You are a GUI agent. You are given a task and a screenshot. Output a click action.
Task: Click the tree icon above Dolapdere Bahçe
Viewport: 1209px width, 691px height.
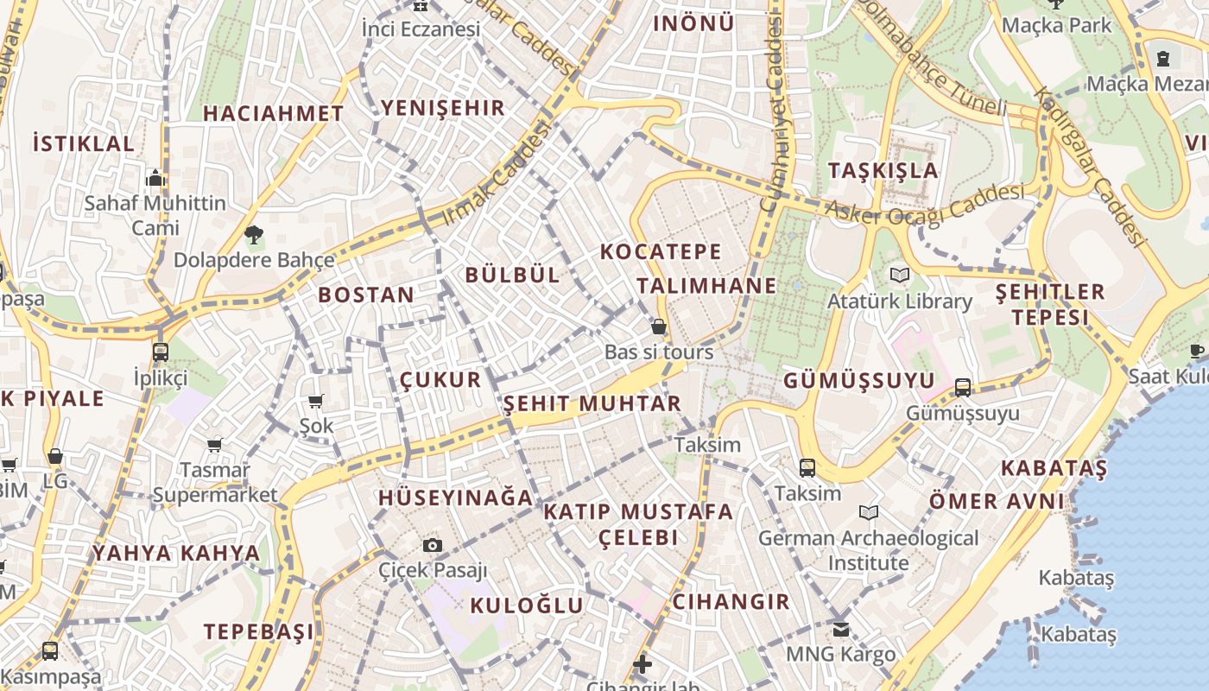pyautogui.click(x=253, y=233)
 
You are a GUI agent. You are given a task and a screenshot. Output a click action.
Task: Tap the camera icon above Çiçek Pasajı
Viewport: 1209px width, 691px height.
pyautogui.click(x=433, y=545)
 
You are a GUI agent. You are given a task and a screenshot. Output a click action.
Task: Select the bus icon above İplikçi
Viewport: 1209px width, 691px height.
pyautogui.click(x=161, y=352)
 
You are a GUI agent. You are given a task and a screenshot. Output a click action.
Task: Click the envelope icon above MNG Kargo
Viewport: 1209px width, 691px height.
pyautogui.click(x=841, y=629)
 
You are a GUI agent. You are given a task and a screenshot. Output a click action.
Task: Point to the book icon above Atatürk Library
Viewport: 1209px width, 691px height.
pyautogui.click(x=900, y=276)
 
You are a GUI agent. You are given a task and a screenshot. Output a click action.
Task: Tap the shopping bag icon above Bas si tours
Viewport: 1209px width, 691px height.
pyautogui.click(x=659, y=326)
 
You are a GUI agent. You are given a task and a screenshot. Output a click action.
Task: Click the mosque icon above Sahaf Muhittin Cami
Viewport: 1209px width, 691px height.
pyautogui.click(x=155, y=178)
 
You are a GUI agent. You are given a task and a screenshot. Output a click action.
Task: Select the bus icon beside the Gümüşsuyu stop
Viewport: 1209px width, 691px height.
pyautogui.click(x=963, y=387)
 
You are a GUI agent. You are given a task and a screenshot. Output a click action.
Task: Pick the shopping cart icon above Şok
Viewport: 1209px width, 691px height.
pyautogui.click(x=315, y=401)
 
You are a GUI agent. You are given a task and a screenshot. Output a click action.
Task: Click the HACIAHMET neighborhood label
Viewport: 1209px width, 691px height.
pyautogui.click(x=273, y=113)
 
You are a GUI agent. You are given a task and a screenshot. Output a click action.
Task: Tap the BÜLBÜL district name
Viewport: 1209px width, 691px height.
pyautogui.click(x=512, y=276)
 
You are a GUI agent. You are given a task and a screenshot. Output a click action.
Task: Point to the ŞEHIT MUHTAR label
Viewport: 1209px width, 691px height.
pyautogui.click(x=592, y=403)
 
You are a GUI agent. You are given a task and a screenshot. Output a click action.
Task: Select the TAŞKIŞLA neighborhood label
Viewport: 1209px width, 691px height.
pyautogui.click(x=883, y=170)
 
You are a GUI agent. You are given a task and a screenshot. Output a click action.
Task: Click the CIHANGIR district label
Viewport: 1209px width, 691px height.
pyautogui.click(x=731, y=602)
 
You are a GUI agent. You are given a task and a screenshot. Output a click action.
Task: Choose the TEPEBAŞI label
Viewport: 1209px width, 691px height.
pyautogui.click(x=259, y=631)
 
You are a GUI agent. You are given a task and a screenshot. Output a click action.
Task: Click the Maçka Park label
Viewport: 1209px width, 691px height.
pyautogui.click(x=1057, y=25)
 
